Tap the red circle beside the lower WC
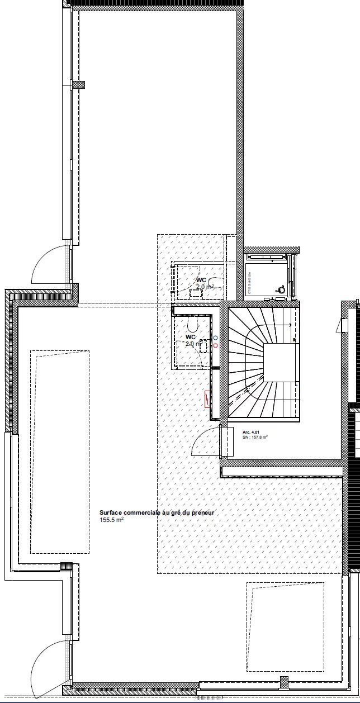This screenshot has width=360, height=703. (216, 345)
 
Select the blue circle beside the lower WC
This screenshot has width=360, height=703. (216, 338)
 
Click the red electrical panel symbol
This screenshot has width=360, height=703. (207, 398)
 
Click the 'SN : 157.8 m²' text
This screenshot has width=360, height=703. (255, 438)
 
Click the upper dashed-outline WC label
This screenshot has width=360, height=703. (201, 280)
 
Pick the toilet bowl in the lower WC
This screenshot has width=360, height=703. (193, 325)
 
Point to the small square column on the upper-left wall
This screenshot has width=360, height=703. (79, 85)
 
